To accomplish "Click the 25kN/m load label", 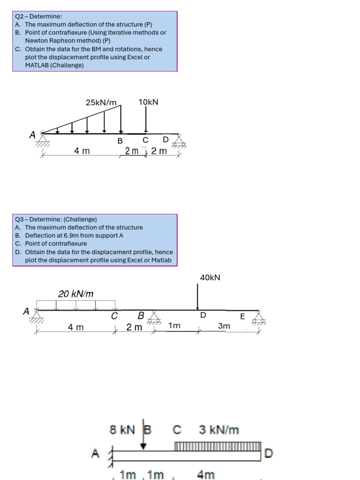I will click(x=101, y=102).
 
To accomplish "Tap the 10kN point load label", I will click(x=148, y=102).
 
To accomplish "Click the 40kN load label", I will click(x=210, y=277).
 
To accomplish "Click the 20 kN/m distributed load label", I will click(x=76, y=294).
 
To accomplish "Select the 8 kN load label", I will click(x=122, y=429).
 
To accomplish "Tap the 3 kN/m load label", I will click(x=219, y=429).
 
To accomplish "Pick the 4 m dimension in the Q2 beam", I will click(x=82, y=151).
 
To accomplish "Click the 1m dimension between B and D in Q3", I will click(x=174, y=325).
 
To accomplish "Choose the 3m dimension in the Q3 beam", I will click(x=225, y=325).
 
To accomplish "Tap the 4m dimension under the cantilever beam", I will click(x=206, y=474).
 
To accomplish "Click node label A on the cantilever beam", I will click(x=95, y=453).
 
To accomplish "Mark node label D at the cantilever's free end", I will click(x=269, y=453).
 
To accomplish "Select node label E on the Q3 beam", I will click(x=242, y=316).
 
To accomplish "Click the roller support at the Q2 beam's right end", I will click(x=178, y=141).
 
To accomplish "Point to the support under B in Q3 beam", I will click(x=153, y=320).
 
